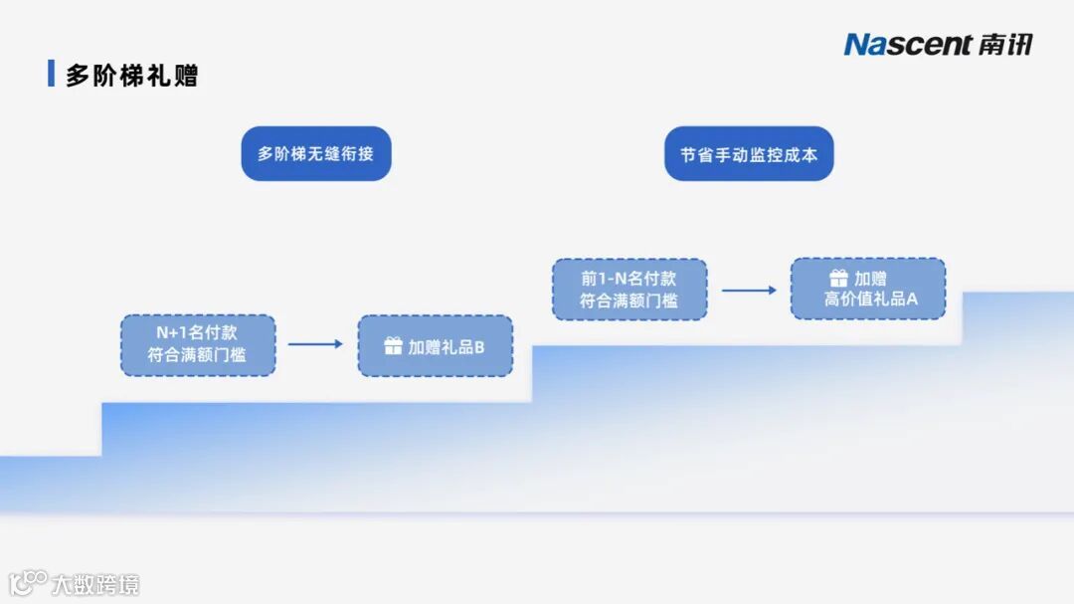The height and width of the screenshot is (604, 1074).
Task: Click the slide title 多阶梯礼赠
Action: point(131,75)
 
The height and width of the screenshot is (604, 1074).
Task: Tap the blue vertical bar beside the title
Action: point(51,74)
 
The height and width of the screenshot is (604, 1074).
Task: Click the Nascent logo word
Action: point(907,45)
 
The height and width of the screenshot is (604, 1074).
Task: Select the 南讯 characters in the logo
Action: point(1004,45)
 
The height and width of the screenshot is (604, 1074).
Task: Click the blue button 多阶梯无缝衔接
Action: point(316,154)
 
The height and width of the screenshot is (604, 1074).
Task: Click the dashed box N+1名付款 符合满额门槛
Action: point(197,344)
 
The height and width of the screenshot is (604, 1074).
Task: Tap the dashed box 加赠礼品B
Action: point(435,345)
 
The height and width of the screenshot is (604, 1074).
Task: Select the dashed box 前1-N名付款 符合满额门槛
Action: point(628,290)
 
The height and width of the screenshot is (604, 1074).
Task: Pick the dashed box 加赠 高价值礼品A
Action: point(867,289)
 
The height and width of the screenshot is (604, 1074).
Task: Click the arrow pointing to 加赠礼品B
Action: point(315,344)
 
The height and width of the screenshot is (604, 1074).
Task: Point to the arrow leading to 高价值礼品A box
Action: point(749,291)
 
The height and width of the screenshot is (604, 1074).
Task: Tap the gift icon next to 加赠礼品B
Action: point(393,346)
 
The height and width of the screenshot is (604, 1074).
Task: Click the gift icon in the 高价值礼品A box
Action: point(839,279)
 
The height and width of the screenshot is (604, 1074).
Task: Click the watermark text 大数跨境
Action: point(95,583)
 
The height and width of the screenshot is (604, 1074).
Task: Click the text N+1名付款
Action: point(197,332)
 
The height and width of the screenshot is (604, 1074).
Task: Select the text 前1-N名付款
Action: point(628,278)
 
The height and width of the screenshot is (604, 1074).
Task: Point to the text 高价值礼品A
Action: point(871,300)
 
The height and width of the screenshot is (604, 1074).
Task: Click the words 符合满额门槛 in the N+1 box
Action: point(197,355)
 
